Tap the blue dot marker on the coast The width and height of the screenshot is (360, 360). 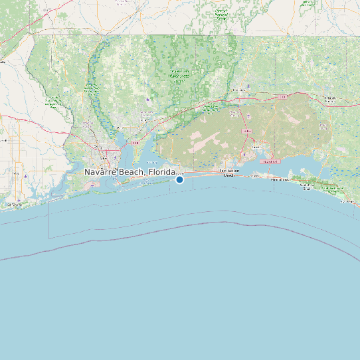pyautogui.click(x=179, y=179)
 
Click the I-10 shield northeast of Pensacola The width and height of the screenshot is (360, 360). pyautogui.click(x=135, y=143)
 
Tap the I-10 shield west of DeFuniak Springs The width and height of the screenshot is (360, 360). pyautogui.click(x=282, y=97)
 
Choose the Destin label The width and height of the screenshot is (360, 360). pyautogui.click(x=254, y=175)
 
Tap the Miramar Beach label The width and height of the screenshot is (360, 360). pyautogui.click(x=279, y=178)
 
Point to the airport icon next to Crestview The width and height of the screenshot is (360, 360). pyautogui.click(x=248, y=86)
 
